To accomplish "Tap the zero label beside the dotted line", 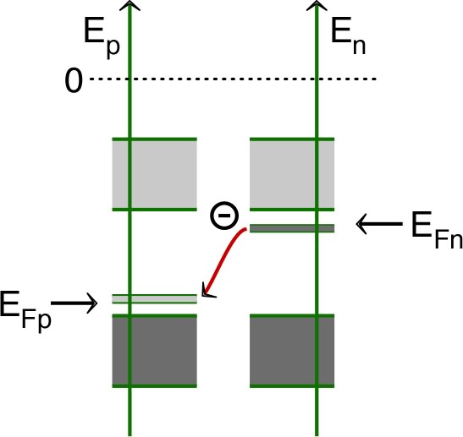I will coord(73,82).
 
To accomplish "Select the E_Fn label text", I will coord(436,230).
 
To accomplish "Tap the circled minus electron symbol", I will coord(223,216).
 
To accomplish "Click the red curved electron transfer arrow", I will coord(229,258).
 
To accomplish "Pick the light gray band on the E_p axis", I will coord(155,173).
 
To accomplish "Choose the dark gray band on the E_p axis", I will coord(155,350).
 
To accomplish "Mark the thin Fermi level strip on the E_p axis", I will coord(155,298).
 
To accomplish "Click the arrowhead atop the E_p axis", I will coord(128,6).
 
